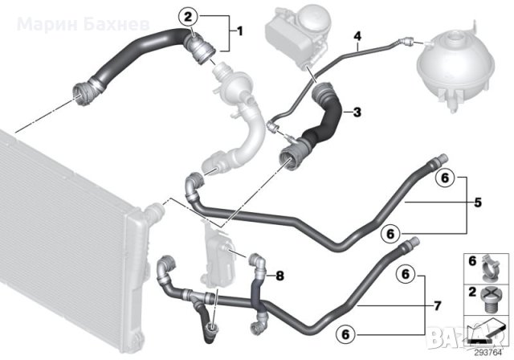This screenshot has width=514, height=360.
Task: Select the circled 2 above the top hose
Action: click(x=188, y=15)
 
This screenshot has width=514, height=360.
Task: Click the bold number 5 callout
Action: click(x=478, y=202)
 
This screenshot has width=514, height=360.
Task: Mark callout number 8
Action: click(x=279, y=276)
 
